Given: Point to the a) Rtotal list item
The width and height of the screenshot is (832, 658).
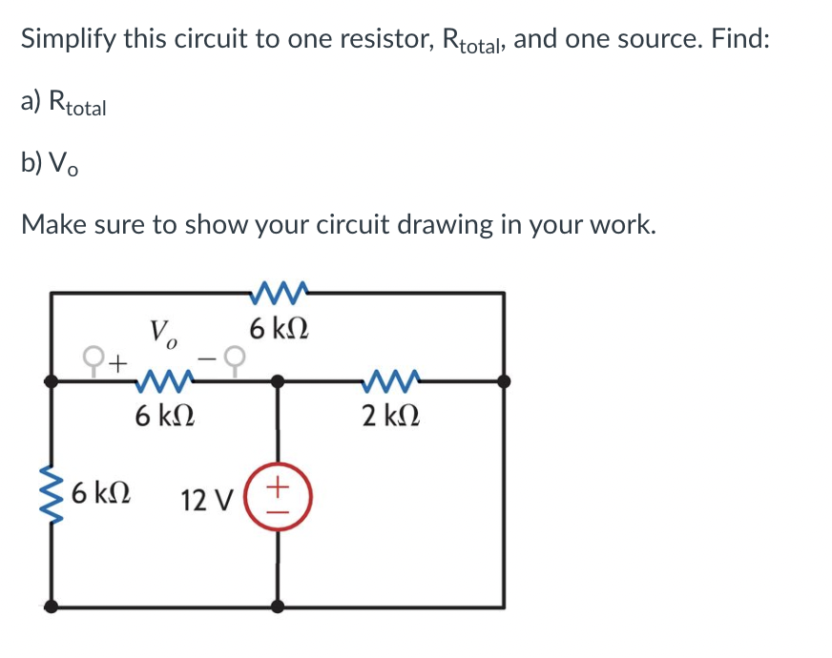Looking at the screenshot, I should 64,103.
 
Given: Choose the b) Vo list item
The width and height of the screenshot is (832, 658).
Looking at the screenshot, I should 51,164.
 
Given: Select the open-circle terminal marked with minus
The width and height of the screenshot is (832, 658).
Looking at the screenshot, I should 241,359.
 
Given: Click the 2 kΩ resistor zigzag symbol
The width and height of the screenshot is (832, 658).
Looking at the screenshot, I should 391,381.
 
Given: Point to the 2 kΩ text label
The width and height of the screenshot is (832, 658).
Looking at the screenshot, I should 391,416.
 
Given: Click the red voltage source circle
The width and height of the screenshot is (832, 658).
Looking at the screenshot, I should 279,498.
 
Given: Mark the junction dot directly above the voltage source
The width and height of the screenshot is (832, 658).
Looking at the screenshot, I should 279,380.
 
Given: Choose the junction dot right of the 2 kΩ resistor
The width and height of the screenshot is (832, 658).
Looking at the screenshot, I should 504,380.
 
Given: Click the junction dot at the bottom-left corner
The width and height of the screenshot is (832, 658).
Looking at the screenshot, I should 51,605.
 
